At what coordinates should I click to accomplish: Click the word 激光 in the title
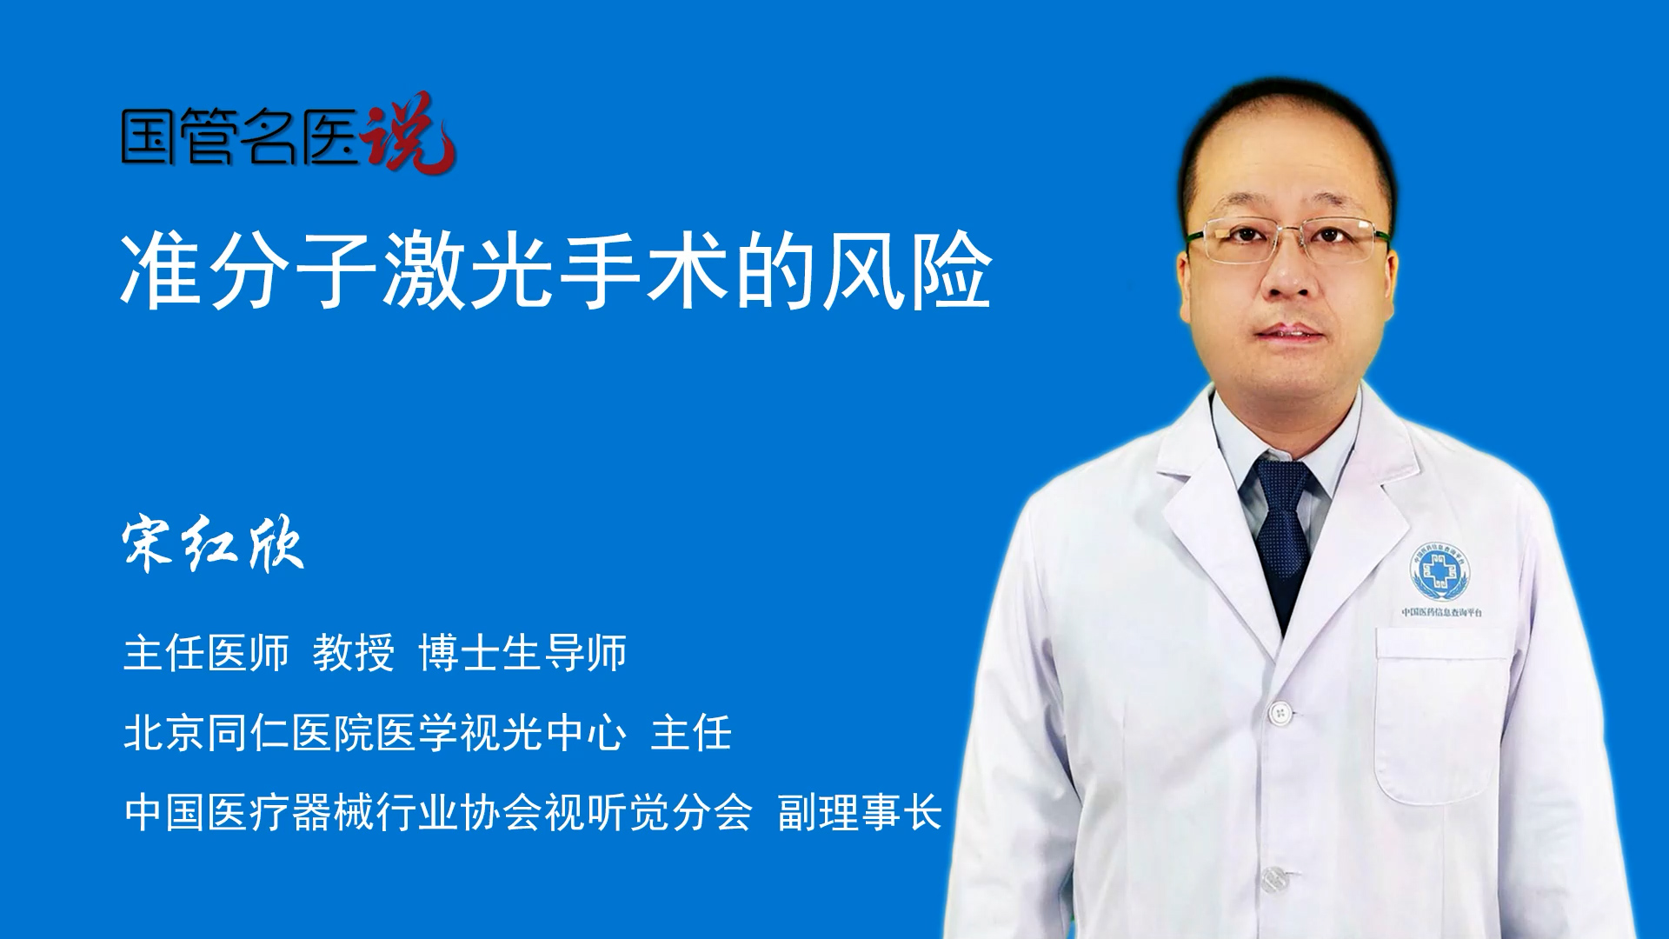469,270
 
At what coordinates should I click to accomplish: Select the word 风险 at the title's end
908,270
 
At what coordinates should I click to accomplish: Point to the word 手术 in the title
644,270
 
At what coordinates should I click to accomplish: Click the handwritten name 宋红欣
213,545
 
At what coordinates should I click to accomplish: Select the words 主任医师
206,653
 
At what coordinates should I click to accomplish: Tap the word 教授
354,653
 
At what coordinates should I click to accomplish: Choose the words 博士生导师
522,653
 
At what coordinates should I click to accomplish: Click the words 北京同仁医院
249,733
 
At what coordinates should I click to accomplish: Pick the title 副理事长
860,813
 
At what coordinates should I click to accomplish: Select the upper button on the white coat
1280,713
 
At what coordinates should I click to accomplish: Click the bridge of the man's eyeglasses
1289,233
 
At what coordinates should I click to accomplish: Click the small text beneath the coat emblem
1442,612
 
